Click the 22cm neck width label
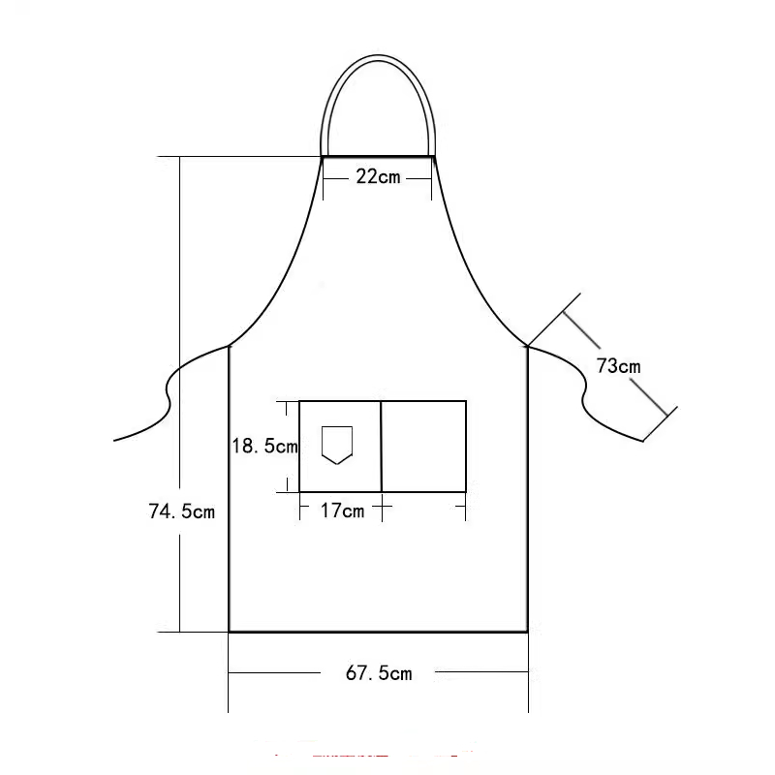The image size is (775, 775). pos(378,177)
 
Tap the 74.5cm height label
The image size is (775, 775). pos(182,511)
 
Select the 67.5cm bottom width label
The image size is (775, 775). pos(379,673)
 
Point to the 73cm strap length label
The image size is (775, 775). pos(618,366)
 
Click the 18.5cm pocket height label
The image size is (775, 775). pos(264,446)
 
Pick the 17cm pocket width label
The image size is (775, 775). pos(342,511)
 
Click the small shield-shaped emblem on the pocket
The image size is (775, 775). pos(337,445)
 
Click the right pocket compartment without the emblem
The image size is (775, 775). pos(424,447)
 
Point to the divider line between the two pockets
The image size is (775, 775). pos(381,447)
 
